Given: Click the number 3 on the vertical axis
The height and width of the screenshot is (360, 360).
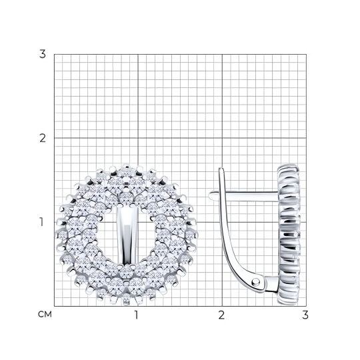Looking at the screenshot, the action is point(43,55).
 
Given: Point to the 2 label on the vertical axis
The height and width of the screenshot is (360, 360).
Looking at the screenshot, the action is point(43,139).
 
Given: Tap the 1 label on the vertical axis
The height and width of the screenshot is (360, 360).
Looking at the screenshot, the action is point(41,222).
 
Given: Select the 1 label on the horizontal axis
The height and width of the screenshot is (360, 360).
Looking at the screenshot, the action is point(137,315).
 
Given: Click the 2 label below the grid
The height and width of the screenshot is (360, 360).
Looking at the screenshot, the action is point(221,315).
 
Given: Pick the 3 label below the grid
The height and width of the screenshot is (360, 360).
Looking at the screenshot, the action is point(305,315).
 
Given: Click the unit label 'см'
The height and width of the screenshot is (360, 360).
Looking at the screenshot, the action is point(45,314).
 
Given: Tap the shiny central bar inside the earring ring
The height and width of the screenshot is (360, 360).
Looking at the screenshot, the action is point(127,235).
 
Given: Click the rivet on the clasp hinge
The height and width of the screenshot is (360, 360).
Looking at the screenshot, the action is point(255,281).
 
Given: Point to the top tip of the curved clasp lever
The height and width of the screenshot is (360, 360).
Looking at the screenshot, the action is point(221,168).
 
